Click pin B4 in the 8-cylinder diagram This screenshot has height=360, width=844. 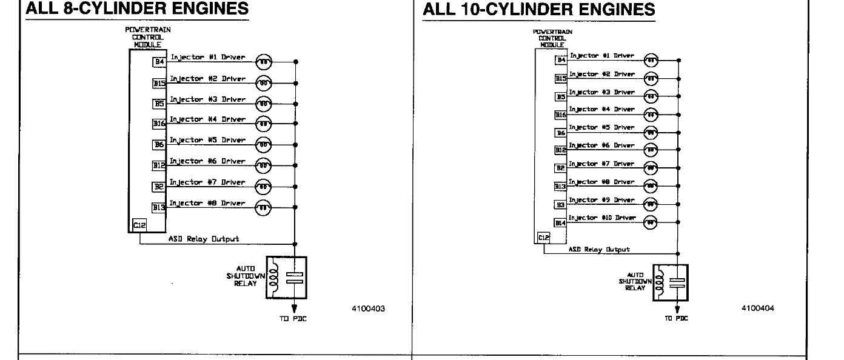click(159, 62)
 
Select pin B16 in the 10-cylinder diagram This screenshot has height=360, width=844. click(561, 114)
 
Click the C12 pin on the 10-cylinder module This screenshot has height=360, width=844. click(543, 238)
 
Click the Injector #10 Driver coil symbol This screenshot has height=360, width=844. click(650, 222)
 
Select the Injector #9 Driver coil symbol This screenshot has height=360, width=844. click(650, 204)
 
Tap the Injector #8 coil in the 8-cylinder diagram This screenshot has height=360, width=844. click(264, 208)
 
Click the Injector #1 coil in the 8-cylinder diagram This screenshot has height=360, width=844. click(264, 62)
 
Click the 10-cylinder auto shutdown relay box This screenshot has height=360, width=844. click(670, 282)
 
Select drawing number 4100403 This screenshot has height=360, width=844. click(368, 308)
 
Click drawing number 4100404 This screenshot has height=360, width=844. click(757, 308)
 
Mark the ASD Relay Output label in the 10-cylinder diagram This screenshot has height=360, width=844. click(598, 249)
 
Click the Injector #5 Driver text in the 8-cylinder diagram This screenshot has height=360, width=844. click(207, 140)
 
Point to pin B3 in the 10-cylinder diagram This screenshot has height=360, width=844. click(561, 205)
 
